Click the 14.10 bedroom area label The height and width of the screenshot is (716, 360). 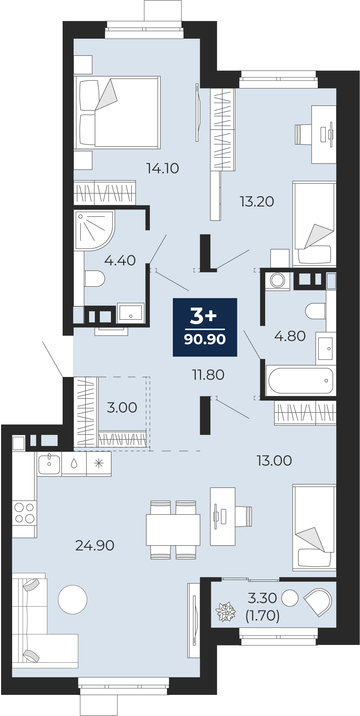[162, 168]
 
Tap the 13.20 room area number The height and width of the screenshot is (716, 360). [257, 202]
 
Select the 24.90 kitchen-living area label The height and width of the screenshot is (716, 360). [94, 545]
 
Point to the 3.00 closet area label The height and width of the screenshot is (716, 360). [122, 407]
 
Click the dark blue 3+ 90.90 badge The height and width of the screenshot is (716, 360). [205, 327]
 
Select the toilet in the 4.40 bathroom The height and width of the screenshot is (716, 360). [94, 278]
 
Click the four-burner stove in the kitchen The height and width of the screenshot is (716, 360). [24, 513]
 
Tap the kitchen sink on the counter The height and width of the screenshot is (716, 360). [49, 464]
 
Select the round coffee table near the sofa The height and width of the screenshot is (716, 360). [73, 599]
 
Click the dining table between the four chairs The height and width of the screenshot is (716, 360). [173, 530]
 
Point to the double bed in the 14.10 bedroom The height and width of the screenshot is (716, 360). [117, 112]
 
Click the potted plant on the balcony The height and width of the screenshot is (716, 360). [226, 611]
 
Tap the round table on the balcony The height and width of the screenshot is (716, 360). [290, 598]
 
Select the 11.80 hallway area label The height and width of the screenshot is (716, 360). [208, 375]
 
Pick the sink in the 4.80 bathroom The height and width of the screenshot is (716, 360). [326, 348]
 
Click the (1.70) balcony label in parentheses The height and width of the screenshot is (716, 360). [262, 615]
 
